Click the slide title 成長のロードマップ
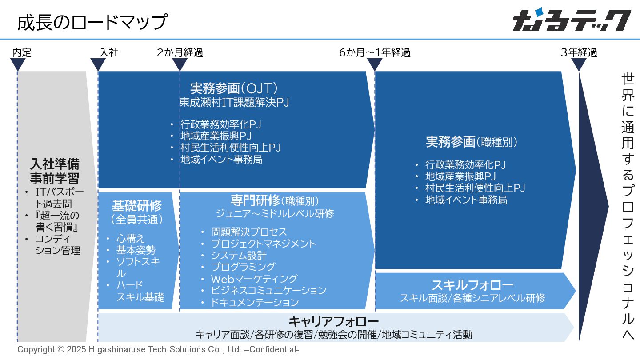(x=92, y=21)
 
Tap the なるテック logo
(x=572, y=20)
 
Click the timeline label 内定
(x=22, y=52)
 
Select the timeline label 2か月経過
(x=180, y=52)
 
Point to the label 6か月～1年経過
(x=374, y=52)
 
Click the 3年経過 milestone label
(x=579, y=52)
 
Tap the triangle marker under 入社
(x=98, y=64)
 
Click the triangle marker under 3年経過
(x=579, y=64)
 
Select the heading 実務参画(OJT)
(x=234, y=88)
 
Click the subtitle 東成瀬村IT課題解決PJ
(x=234, y=102)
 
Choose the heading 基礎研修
(x=137, y=206)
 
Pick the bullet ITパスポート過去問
(x=59, y=198)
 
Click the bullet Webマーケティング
(x=254, y=279)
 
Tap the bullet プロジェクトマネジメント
(x=264, y=244)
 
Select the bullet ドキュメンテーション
(x=255, y=302)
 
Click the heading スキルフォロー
(x=472, y=285)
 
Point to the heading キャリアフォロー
(x=333, y=321)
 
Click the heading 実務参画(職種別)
(x=472, y=142)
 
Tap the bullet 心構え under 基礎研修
(x=131, y=239)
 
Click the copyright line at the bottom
(x=158, y=349)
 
